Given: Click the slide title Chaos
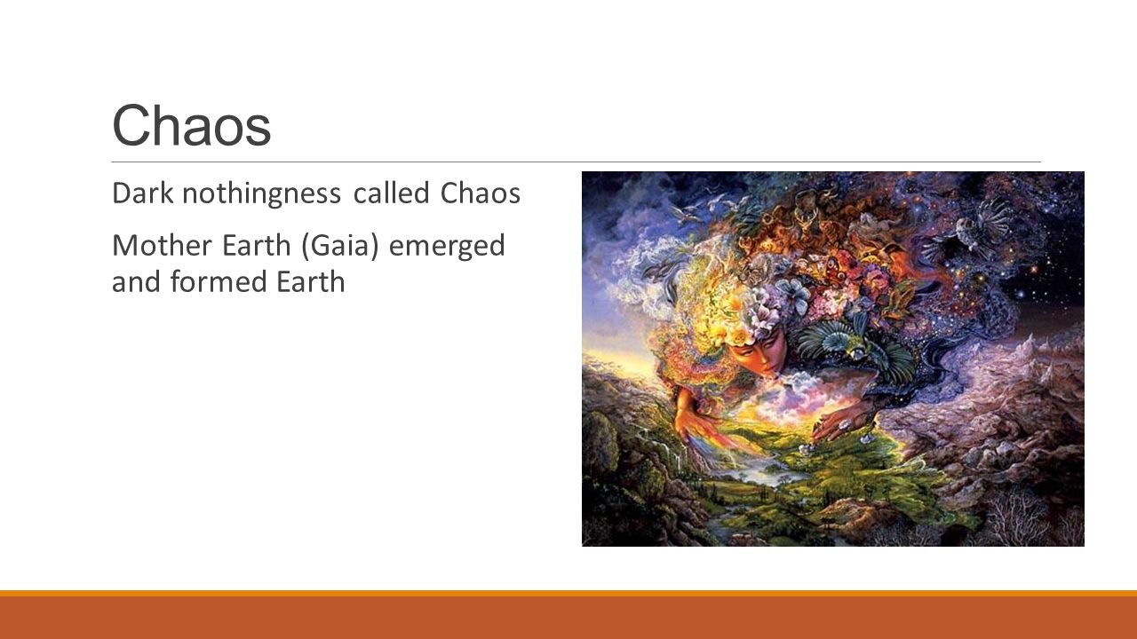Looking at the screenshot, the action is (191, 125).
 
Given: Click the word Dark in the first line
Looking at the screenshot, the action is (143, 193).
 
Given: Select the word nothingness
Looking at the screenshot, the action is (261, 194).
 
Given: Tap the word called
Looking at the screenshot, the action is (392, 193).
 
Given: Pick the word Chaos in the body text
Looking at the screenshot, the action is (481, 193).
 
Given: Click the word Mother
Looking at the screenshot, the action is (162, 246).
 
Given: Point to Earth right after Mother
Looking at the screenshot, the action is (257, 246).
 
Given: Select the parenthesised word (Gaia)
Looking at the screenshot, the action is (340, 247).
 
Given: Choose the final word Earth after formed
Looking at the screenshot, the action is (310, 282).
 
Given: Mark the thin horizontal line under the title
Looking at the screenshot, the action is (576, 162).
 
